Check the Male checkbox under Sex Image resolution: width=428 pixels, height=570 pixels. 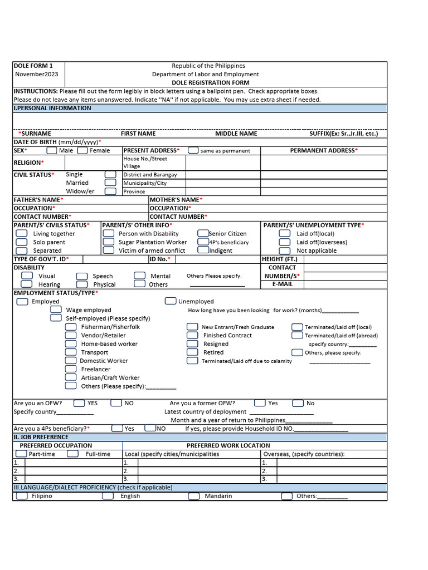(51, 150)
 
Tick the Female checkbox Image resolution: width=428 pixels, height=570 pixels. (82, 150)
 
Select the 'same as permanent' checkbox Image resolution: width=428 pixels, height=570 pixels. (193, 150)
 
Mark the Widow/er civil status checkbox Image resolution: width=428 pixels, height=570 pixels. (110, 191)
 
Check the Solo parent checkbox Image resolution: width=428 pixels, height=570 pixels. (22, 242)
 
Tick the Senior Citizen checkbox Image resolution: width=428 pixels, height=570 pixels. (203, 234)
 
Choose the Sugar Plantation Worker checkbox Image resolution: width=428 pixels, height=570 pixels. (109, 242)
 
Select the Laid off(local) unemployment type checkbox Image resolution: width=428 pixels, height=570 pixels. (285, 234)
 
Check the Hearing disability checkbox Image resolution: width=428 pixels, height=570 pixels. (27, 284)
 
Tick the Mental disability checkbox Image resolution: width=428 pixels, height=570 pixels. (140, 276)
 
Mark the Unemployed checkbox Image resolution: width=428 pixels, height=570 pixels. (171, 301)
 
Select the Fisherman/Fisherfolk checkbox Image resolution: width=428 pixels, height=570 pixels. (71, 327)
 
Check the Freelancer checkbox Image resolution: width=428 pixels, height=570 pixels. (71, 369)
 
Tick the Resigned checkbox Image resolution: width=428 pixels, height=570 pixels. (192, 344)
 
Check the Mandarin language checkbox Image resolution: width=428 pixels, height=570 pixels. (193, 496)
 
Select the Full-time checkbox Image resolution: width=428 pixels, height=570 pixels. (72, 454)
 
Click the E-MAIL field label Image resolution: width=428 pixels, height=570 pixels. (282, 284)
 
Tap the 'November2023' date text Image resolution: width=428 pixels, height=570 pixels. (36, 74)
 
